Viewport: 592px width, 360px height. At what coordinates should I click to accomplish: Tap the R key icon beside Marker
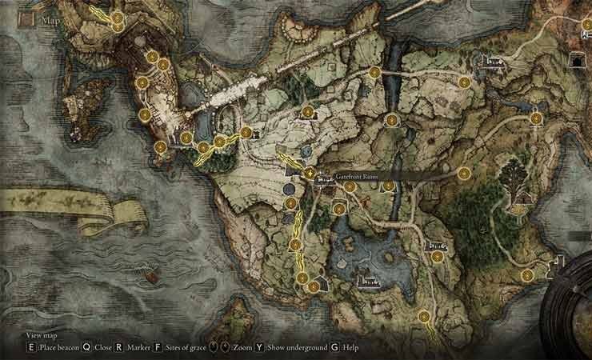(118, 349)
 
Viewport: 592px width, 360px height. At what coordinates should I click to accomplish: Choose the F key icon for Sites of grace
(158, 349)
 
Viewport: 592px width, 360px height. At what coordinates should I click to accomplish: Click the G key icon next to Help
(334, 349)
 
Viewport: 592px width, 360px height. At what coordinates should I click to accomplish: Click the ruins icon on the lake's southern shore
(368, 280)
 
